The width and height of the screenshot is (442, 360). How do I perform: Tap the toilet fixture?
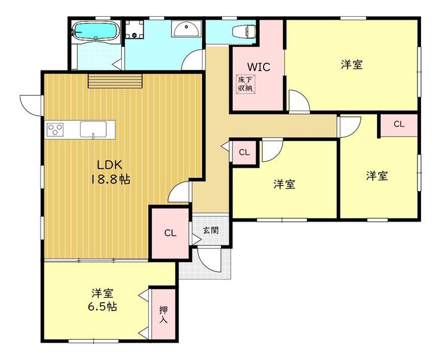click(x=244, y=31)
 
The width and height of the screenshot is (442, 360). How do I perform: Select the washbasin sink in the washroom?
click(x=186, y=29)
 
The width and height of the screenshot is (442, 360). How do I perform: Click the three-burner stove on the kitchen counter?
click(x=55, y=130)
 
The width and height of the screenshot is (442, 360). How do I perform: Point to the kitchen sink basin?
click(x=93, y=130)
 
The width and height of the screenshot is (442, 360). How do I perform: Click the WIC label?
click(x=259, y=67)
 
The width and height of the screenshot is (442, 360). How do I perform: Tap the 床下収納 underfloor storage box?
click(x=245, y=84)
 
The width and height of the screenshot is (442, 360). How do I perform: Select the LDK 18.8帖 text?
click(x=110, y=172)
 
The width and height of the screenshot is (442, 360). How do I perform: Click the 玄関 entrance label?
click(x=211, y=230)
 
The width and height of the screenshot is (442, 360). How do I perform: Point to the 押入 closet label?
click(x=164, y=315)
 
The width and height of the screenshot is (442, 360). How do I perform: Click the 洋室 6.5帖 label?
click(x=102, y=300)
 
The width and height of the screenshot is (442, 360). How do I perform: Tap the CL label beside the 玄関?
click(x=170, y=233)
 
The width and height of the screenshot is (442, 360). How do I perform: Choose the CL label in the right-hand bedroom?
click(x=399, y=124)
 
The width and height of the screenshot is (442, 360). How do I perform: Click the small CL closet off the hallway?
click(x=244, y=152)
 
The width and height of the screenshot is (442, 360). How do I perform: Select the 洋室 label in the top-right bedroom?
click(x=352, y=64)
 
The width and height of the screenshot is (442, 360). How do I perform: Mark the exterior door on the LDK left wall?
click(x=31, y=105)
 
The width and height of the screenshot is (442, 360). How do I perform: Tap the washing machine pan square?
click(x=134, y=29)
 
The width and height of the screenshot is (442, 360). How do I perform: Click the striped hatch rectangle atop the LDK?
click(x=115, y=81)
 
